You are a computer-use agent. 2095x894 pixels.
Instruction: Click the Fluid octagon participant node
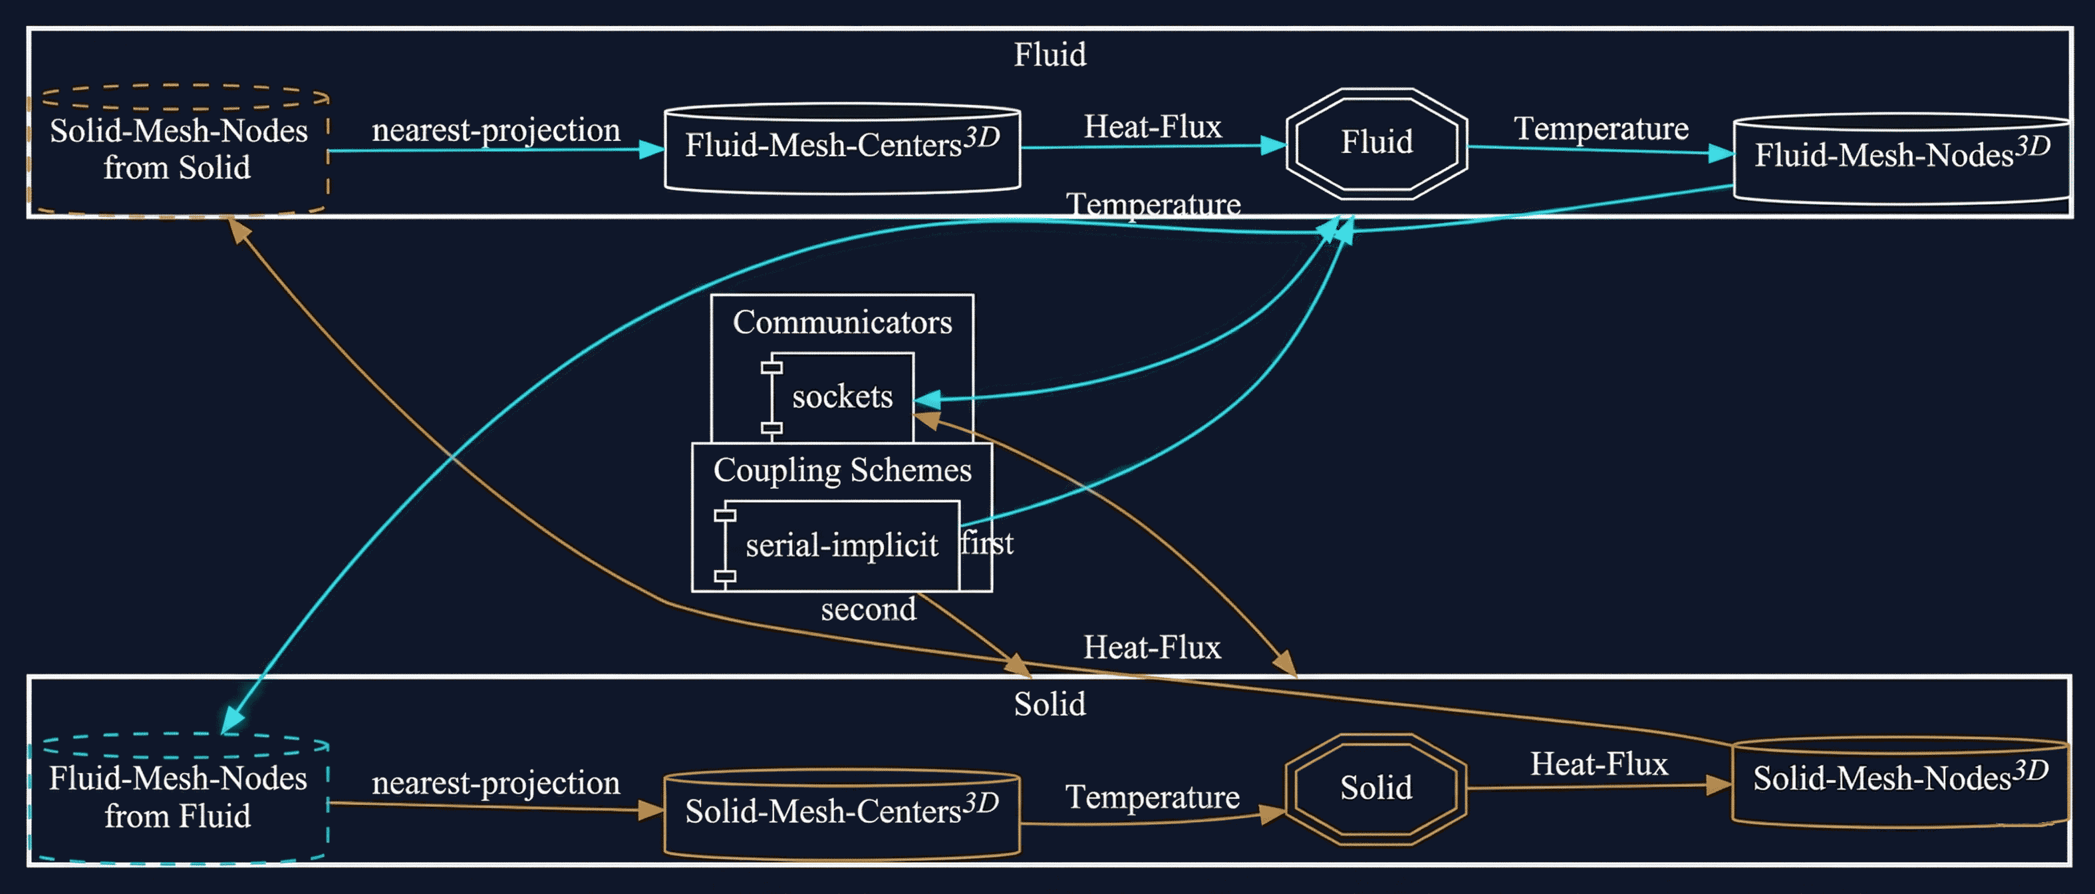coord(1376,143)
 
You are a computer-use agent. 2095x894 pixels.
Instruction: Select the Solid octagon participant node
coord(1375,789)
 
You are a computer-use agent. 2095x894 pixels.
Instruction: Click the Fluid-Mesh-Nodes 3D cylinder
coord(1901,156)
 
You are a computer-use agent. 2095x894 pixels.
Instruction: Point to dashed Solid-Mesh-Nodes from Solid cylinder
coord(178,150)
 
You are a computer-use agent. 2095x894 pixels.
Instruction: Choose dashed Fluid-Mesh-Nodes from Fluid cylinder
coord(178,797)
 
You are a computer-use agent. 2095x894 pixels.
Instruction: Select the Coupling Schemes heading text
coord(842,470)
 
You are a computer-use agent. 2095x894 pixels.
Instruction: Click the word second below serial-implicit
coord(868,609)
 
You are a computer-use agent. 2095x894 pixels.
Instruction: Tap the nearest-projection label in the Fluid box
coord(495,130)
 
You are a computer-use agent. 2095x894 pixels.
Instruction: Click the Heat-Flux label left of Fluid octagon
coord(1152,127)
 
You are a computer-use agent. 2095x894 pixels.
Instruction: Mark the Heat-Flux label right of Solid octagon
coord(1598,765)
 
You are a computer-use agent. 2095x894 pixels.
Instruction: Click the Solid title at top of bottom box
coord(1049,704)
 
